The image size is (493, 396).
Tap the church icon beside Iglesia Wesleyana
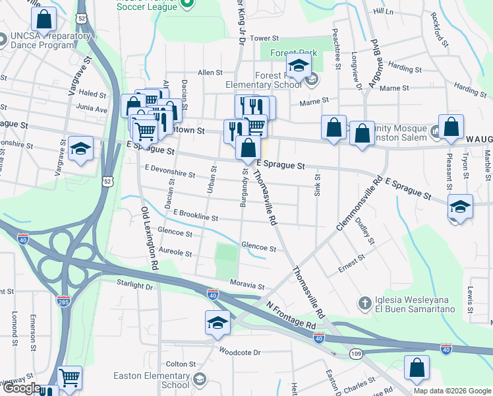364,304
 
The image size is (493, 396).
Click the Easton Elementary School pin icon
200,379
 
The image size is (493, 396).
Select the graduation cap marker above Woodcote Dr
217,323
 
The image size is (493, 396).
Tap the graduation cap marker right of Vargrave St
80,149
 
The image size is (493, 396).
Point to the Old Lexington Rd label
150,238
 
